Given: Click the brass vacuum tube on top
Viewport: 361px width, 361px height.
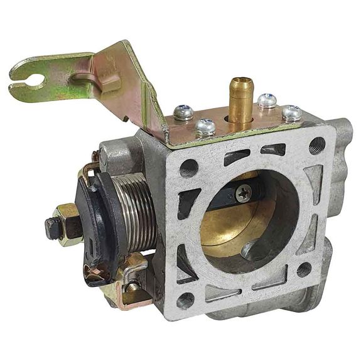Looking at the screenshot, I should pos(239,100).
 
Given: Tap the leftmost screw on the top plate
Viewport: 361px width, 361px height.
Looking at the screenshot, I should pos(183,112).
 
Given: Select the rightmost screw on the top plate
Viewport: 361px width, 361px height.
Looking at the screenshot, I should pos(291,112).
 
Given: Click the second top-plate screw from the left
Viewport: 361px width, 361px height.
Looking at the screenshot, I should pos(205,126).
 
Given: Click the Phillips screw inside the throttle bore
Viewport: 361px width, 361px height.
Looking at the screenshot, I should pos(244,194).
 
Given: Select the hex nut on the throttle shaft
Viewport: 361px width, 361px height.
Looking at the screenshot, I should pos(68,224).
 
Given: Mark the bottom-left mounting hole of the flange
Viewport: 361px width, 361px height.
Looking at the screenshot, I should pos(185,299).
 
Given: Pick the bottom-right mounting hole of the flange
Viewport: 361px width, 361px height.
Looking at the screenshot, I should pos(304,269).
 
